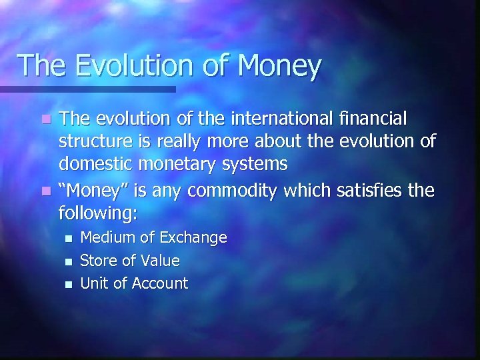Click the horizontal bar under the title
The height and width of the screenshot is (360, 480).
87,89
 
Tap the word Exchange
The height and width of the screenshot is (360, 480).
194,238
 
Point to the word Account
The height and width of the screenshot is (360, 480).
160,283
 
